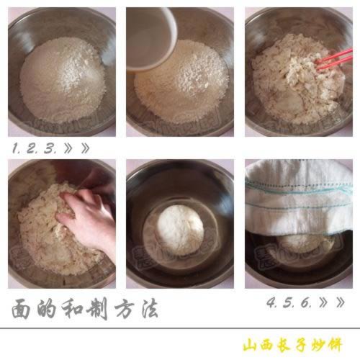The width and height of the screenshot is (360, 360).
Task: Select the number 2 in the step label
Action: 31,149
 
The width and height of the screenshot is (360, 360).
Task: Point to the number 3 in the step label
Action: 48,149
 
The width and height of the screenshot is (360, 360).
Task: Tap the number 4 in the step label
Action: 271,303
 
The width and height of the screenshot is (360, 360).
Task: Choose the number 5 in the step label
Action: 288,303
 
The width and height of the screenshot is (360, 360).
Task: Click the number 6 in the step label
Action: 305,303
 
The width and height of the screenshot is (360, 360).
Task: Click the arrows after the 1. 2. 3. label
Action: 76,149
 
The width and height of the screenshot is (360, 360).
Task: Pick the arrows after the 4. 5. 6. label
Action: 333,303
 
